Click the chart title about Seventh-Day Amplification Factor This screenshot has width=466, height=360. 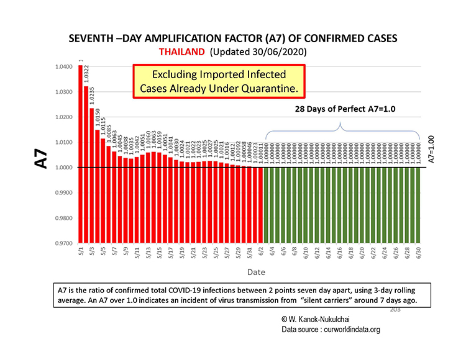(232, 38)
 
